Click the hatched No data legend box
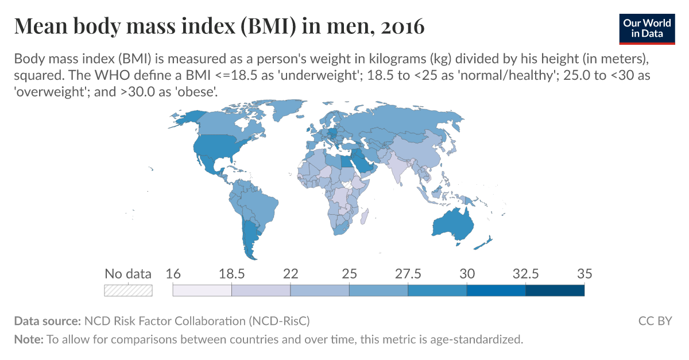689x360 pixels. coord(128,290)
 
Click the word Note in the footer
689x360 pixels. coord(28,339)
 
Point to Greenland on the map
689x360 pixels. coord(281,113)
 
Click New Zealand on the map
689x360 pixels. coord(483,243)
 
